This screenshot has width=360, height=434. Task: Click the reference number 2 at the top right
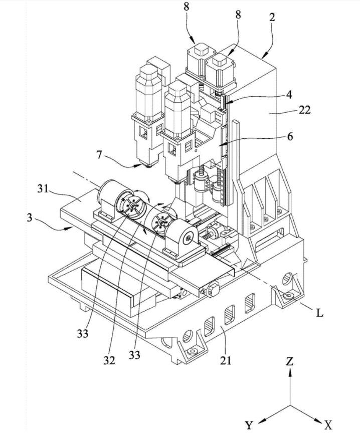[272, 17]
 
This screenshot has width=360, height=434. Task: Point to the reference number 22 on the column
[304, 110]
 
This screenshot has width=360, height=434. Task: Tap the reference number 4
[289, 94]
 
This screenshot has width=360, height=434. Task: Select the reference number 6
[290, 136]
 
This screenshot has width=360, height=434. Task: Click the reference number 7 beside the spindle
[99, 155]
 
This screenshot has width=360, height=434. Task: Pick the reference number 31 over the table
[43, 189]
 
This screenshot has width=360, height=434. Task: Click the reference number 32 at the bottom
[109, 360]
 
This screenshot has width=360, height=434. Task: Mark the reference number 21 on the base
[225, 360]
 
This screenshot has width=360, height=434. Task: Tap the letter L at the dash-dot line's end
[319, 313]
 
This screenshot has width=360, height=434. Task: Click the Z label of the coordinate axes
[290, 361]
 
